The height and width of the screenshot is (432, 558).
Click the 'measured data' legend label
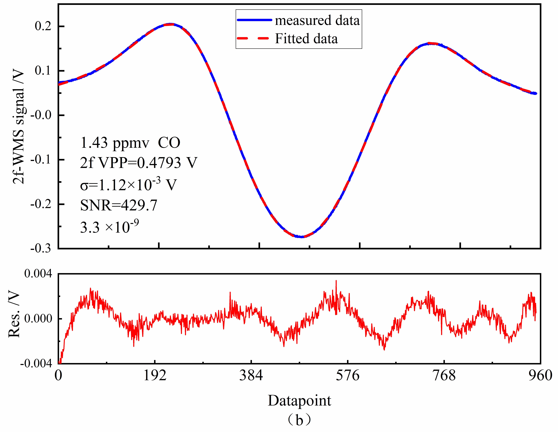coord(317,20)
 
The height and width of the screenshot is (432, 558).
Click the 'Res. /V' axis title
coord(14,315)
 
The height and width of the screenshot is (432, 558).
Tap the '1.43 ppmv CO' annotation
coord(130,143)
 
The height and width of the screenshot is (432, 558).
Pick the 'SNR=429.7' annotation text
coord(119,205)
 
